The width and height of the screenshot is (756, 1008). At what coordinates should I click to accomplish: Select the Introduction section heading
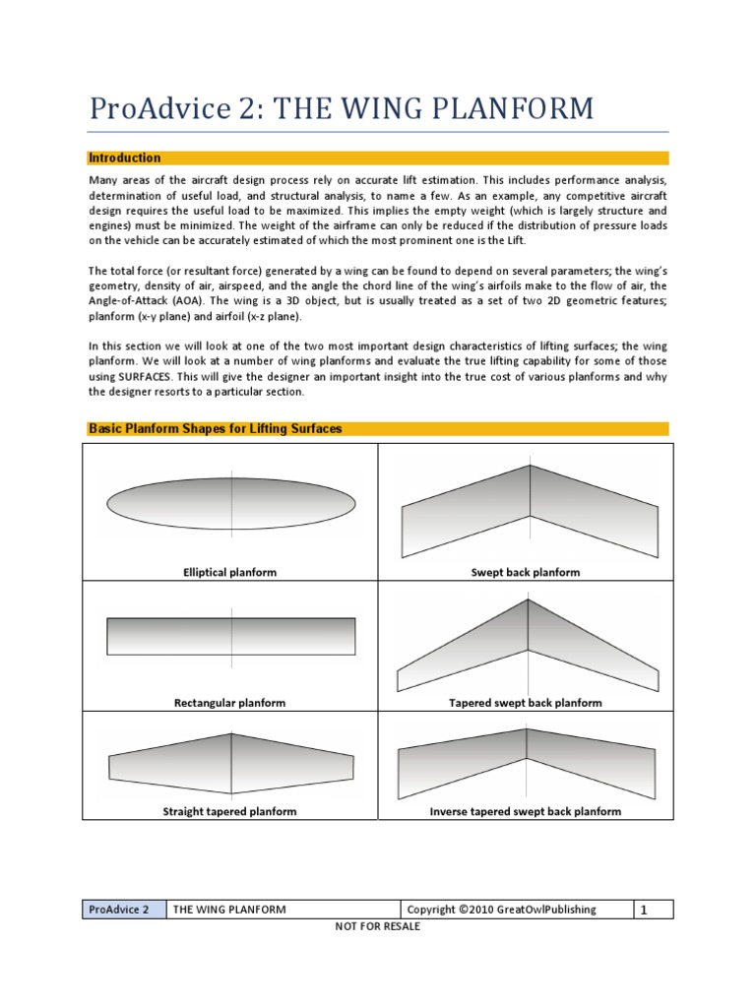(125, 157)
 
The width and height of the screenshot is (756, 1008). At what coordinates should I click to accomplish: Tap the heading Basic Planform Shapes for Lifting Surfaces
(216, 429)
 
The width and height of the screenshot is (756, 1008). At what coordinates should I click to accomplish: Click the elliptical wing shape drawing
(230, 504)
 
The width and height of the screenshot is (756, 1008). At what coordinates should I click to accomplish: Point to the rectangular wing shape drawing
(230, 636)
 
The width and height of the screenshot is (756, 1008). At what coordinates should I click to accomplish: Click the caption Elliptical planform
(230, 572)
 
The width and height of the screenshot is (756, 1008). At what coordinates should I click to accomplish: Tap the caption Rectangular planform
(230, 703)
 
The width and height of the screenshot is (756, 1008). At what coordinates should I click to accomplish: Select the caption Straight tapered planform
(229, 811)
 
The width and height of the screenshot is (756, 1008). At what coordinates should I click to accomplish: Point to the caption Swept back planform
(526, 572)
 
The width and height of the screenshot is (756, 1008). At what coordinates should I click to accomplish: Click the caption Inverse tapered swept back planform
(526, 811)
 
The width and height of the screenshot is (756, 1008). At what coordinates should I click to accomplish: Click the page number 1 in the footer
(644, 911)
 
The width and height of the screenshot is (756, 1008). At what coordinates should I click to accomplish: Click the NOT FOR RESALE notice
(378, 927)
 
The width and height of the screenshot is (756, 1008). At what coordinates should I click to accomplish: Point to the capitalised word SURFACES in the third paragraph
(147, 377)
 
